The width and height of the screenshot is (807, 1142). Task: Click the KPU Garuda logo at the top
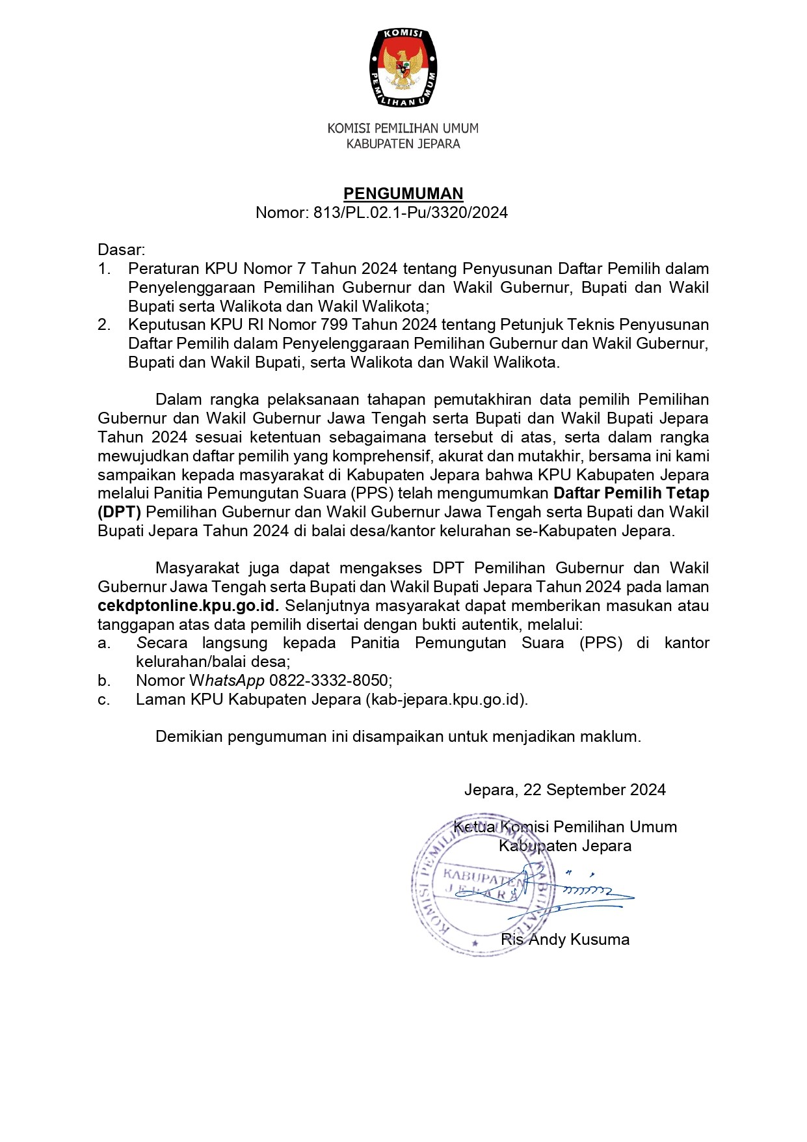click(x=403, y=67)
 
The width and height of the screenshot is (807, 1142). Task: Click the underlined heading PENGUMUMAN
click(x=403, y=193)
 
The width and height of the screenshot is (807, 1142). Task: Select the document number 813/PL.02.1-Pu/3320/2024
click(x=410, y=212)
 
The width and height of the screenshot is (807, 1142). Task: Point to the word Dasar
click(x=120, y=250)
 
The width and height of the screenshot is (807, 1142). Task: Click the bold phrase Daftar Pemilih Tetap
click(x=631, y=493)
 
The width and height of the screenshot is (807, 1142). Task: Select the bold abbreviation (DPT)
click(x=119, y=512)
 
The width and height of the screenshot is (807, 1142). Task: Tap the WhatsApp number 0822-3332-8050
click(x=330, y=681)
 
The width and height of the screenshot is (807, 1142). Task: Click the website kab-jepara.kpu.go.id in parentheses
click(x=447, y=700)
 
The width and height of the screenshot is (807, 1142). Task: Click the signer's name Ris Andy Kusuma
click(x=565, y=940)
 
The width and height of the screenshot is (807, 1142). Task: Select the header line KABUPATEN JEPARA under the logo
click(x=403, y=144)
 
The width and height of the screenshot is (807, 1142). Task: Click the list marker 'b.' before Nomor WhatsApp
click(x=104, y=681)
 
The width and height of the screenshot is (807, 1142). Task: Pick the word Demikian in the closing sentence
click(x=189, y=737)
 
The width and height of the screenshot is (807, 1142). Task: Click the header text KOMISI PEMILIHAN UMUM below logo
click(x=403, y=128)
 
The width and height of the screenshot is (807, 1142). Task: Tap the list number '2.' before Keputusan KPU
click(x=104, y=324)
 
